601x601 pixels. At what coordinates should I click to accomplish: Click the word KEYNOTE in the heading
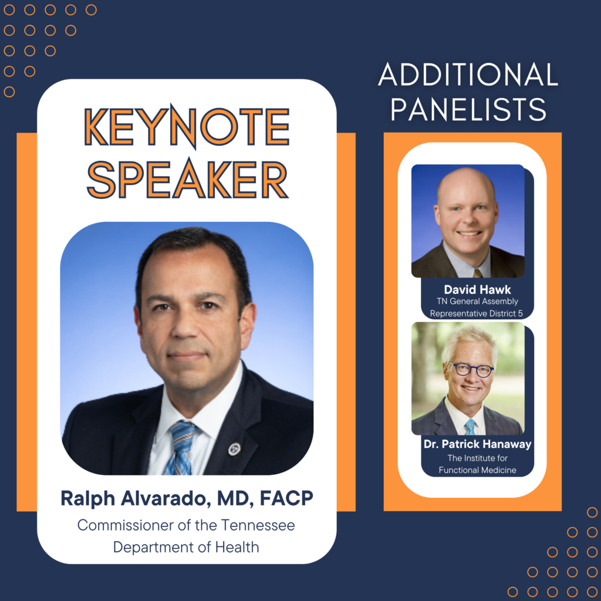[187, 127]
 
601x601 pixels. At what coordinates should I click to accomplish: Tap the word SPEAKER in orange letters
[187, 180]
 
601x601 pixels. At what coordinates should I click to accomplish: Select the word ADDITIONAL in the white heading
[468, 74]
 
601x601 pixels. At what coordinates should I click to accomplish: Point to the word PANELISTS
[468, 109]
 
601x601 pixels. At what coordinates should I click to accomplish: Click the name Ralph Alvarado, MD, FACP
[187, 499]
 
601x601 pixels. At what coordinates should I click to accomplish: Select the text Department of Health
[186, 548]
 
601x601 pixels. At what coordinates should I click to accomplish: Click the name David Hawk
[477, 289]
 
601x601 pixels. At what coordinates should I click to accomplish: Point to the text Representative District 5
[476, 313]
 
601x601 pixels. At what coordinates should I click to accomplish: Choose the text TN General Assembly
[477, 302]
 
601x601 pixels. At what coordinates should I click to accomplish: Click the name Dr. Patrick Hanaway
[477, 444]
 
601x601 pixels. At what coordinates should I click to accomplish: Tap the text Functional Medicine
[477, 470]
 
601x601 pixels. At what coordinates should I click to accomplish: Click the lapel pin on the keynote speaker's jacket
[234, 449]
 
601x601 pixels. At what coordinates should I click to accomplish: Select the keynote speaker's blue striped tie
[181, 447]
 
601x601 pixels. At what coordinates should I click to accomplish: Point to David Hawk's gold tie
[478, 273]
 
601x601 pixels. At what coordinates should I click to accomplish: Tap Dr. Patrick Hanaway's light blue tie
[470, 427]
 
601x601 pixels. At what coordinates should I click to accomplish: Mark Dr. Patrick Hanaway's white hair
[470, 342]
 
